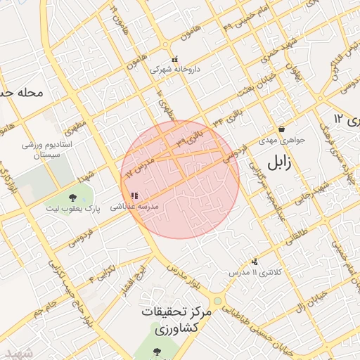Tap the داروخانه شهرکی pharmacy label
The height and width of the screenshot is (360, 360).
175,70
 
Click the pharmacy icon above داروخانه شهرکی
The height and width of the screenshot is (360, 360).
175,58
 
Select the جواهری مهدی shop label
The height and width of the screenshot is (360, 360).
282,140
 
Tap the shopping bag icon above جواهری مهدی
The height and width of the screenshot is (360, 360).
282,129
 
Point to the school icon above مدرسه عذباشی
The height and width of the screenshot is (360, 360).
134,195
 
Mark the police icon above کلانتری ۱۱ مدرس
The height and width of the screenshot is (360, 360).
255,261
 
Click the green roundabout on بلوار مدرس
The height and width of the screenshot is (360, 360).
218,301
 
